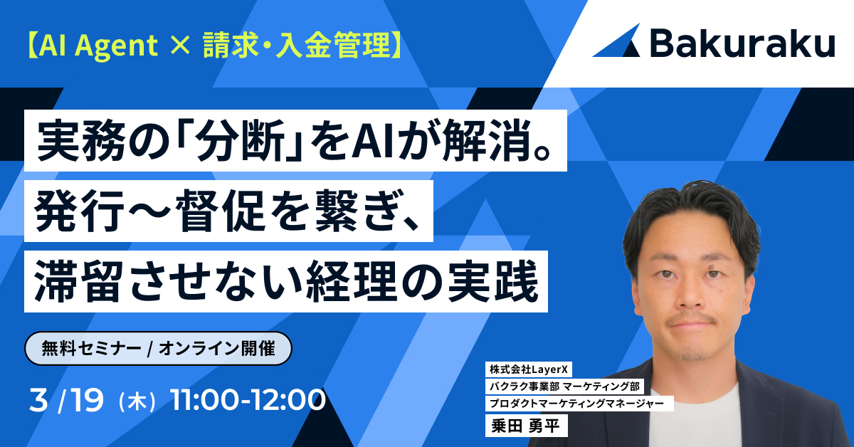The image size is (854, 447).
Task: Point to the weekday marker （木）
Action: [x=138, y=401]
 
